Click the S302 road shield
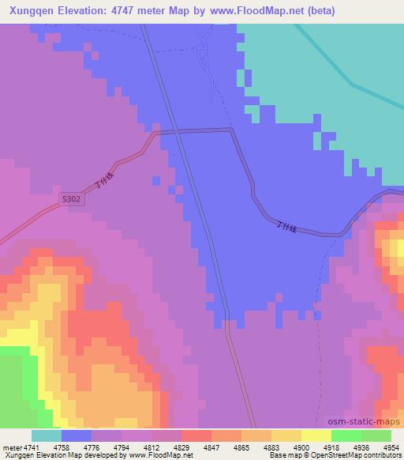(72, 202)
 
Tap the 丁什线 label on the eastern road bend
(286, 228)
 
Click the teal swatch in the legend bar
(47, 435)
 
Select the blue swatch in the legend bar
(77, 435)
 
